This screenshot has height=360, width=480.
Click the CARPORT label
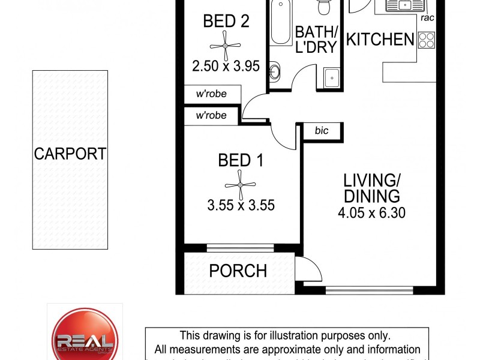tap(70, 154)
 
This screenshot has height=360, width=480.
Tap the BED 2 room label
tap(226, 22)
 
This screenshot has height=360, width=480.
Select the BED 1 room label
tap(241, 160)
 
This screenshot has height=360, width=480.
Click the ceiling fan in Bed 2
tap(225, 46)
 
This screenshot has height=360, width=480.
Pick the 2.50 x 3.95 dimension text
tap(226, 66)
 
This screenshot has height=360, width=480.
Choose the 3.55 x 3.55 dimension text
tap(241, 205)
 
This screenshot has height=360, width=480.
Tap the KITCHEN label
tap(380, 40)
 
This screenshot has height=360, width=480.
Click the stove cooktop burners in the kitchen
tap(426, 40)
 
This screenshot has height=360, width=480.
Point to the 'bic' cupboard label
tap(322, 130)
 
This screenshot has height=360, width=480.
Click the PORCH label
tap(238, 271)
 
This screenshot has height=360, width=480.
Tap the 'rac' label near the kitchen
tap(427, 18)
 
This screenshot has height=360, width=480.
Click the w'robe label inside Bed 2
tap(211, 94)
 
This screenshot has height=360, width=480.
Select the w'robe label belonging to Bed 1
tap(211, 115)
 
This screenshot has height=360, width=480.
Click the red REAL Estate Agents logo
tap(85, 337)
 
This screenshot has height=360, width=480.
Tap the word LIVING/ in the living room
tap(371, 180)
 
